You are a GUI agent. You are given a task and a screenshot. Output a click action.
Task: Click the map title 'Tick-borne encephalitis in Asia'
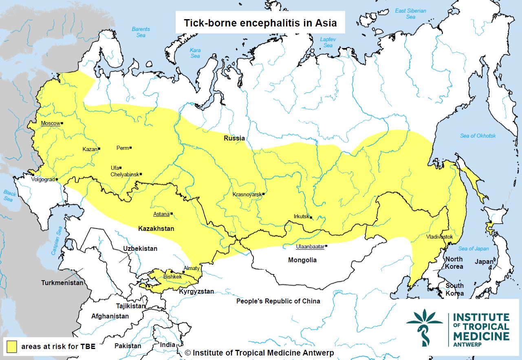[x=260, y=23]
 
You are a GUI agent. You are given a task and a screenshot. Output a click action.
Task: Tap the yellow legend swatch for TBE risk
[x=11, y=347]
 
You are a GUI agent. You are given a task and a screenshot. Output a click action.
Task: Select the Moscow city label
[x=51, y=123]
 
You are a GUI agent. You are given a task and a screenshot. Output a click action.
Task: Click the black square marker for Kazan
[x=99, y=149]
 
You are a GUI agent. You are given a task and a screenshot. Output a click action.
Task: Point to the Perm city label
[x=122, y=148]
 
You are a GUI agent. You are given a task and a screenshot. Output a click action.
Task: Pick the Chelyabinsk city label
[x=125, y=174]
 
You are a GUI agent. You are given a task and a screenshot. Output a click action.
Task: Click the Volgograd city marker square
[x=57, y=179]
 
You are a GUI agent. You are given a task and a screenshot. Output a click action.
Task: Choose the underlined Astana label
[x=161, y=214]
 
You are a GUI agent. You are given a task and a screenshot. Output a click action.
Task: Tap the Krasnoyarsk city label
[x=247, y=194]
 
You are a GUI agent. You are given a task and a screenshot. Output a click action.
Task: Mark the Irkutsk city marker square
[x=311, y=217]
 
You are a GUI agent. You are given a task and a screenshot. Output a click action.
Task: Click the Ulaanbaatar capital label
[x=310, y=246]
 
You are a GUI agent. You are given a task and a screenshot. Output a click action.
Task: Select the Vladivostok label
[x=439, y=237]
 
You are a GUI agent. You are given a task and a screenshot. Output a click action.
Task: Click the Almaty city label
[x=192, y=268]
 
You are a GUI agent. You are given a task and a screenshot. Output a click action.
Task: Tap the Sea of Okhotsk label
[x=478, y=136]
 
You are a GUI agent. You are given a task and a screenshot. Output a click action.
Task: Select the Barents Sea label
[x=141, y=32]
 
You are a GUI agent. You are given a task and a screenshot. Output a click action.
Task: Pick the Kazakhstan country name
[x=156, y=228]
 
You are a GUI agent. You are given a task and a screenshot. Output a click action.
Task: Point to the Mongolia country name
[x=302, y=260]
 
